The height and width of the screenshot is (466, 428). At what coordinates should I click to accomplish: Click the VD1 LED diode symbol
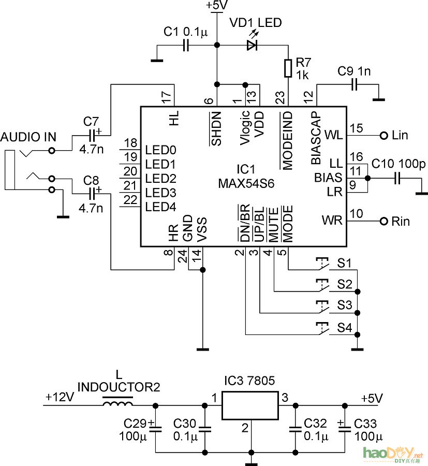252,46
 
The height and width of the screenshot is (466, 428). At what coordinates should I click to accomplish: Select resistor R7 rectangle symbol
288,68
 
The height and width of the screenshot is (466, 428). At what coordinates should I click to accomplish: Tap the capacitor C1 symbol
186,46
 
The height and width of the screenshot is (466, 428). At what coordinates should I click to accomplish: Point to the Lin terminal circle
383,136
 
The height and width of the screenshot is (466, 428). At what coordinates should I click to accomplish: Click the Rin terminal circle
383,222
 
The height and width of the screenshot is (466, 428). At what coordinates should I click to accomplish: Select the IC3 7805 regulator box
250,405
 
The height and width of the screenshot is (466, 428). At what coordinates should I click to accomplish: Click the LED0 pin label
161,151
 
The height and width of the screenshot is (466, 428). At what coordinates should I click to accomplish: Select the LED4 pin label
161,207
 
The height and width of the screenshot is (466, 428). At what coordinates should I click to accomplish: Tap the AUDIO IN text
28,137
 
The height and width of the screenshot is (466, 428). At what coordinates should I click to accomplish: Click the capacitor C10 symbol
397,178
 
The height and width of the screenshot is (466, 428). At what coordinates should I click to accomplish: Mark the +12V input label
60,398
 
